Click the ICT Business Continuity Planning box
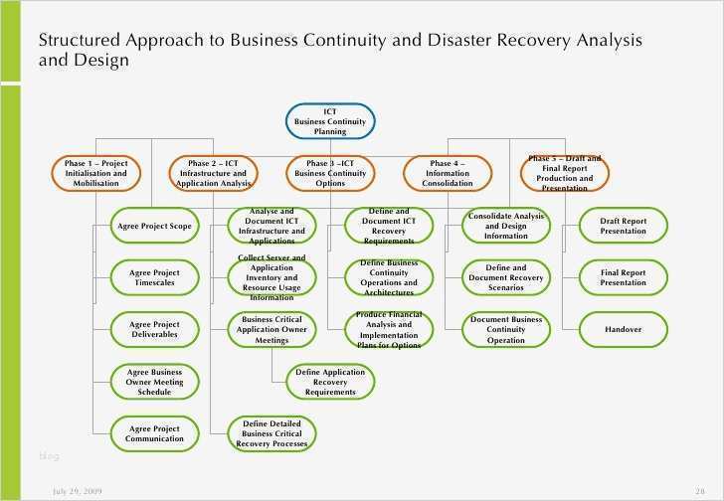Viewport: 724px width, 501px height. [330, 121]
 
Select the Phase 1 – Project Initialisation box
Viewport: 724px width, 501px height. [95, 173]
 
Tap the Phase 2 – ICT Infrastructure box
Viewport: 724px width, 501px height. [213, 173]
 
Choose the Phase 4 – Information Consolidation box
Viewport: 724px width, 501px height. [448, 173]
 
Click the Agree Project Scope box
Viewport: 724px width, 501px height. [154, 226]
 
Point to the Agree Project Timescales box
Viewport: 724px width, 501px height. [154, 277]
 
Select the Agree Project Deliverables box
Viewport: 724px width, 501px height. [154, 329]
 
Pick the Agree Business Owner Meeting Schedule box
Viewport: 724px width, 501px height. [154, 381]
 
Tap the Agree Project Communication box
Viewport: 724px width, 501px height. [154, 432]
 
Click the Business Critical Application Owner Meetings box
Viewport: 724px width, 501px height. [271, 329]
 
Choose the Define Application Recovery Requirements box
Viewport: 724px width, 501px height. [330, 381]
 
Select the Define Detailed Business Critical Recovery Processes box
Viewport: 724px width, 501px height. [271, 432]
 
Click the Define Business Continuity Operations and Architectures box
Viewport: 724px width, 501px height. [389, 277]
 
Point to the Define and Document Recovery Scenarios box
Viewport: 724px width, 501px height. [505, 277]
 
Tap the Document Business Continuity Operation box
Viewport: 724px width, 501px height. [505, 329]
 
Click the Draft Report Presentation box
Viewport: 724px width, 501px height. [623, 226]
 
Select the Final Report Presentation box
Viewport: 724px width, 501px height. [623, 277]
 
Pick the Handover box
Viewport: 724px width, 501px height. [623, 329]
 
